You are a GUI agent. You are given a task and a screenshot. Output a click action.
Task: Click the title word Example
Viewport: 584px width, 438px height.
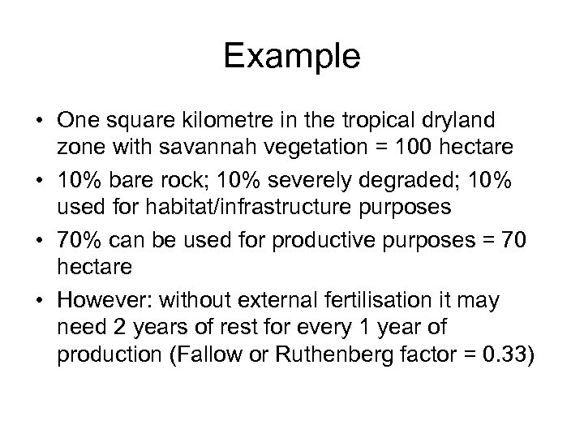coord(291,57)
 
